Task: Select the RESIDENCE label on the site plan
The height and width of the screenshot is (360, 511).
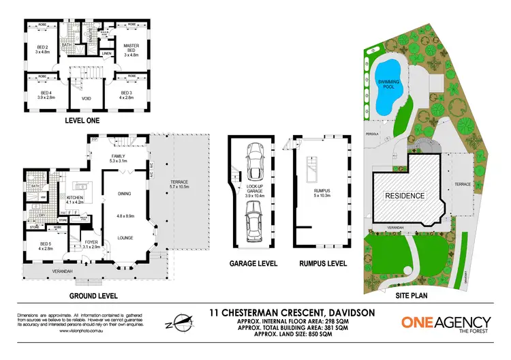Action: click(407, 196)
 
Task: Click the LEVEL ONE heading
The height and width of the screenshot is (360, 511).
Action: click(85, 121)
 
